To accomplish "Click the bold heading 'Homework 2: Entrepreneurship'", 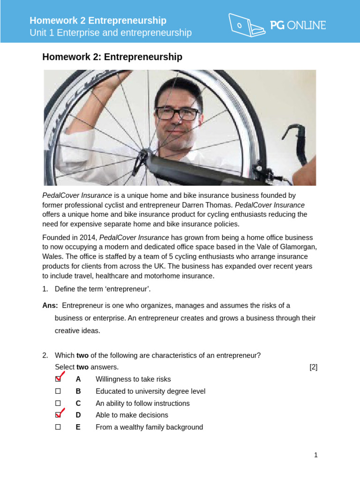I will point(112,57).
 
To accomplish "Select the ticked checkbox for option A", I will point(58,379).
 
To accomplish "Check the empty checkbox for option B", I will point(58,391).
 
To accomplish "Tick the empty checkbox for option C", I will point(58,403).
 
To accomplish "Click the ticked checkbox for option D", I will point(58,415).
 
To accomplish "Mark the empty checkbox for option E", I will point(58,427).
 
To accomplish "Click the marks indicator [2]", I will point(313,367).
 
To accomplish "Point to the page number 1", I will point(315,455).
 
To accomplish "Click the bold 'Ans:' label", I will point(50,306).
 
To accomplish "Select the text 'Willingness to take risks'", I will point(133,379).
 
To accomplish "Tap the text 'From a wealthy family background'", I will point(149,427).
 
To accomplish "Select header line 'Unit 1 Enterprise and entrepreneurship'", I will point(111,33).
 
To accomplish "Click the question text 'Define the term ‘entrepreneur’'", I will point(103,288).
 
